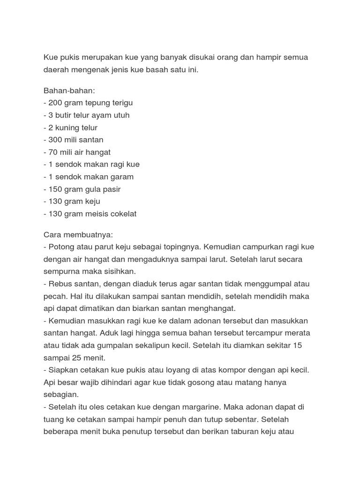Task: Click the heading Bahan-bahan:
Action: click(69, 90)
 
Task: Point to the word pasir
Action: click(111, 189)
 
